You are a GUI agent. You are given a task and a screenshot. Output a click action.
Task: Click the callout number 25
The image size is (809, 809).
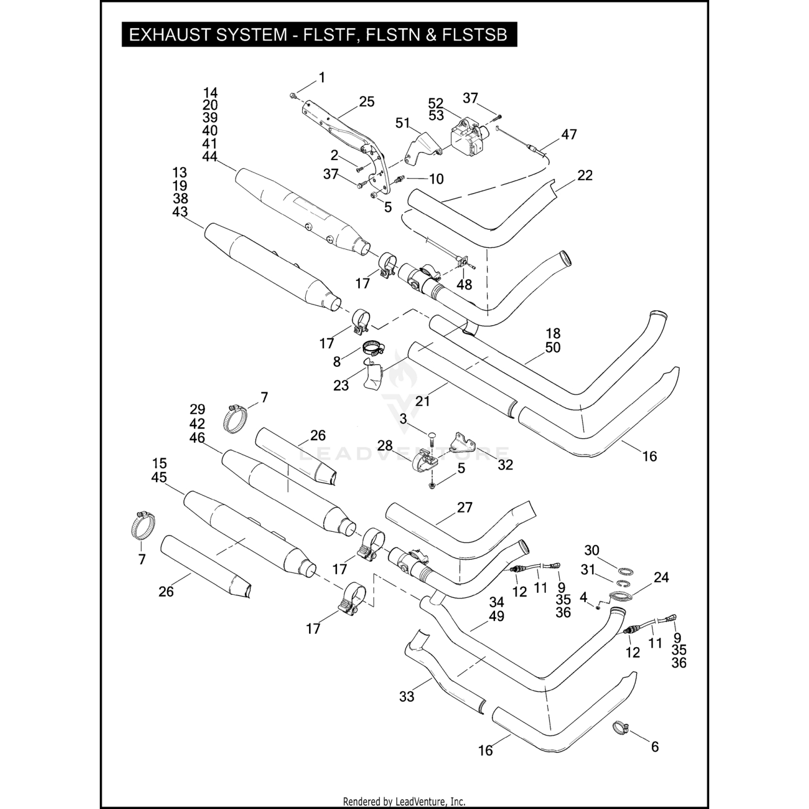click(367, 102)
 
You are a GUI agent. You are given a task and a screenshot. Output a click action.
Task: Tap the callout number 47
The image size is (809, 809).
click(569, 134)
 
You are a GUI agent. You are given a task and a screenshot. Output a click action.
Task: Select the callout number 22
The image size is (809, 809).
click(585, 175)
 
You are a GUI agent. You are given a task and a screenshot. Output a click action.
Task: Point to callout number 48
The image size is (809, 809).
click(464, 284)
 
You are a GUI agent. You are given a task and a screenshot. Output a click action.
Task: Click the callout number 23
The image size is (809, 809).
click(341, 386)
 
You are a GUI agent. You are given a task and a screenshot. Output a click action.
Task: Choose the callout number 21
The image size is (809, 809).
click(422, 401)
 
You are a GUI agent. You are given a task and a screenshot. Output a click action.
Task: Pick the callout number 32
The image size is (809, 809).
click(505, 464)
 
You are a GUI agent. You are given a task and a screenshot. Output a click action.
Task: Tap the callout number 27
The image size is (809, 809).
click(464, 508)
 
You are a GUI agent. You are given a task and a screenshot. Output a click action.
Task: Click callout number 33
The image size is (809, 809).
click(407, 697)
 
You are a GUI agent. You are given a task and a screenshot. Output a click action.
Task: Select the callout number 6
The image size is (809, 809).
click(655, 747)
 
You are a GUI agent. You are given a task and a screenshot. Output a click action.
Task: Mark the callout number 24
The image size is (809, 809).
click(661, 578)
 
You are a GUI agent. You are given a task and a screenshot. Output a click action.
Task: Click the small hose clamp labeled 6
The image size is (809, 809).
click(621, 728)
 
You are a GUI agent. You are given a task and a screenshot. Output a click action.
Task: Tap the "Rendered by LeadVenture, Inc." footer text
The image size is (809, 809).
click(404, 802)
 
